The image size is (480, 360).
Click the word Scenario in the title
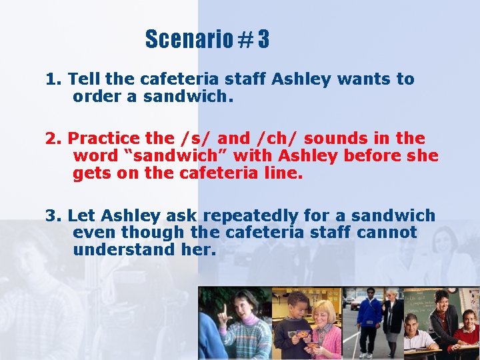click(x=187, y=40)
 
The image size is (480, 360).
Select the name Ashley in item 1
click(x=301, y=79)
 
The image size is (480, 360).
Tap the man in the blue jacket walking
click(x=369, y=320)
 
